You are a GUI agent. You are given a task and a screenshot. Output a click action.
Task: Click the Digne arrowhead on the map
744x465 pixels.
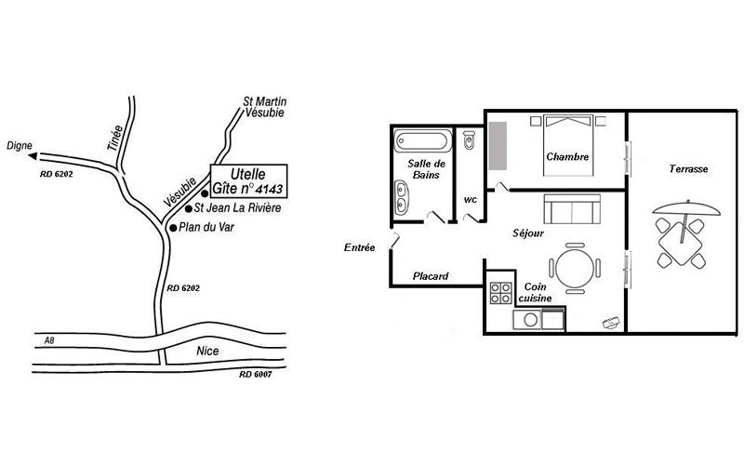pos(33,155)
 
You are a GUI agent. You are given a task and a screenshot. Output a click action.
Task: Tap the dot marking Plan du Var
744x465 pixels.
pos(173,228)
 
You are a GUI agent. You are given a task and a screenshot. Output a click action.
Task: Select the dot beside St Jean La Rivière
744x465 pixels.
pos(189,208)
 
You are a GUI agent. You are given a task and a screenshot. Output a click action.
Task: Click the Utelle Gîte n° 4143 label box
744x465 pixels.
pos(248,181)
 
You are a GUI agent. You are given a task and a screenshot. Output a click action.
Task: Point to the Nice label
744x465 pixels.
pos(207,352)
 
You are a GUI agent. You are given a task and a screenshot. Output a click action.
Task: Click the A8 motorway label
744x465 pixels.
pos(49,340)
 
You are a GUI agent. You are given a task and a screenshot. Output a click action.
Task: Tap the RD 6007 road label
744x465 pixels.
pos(255,375)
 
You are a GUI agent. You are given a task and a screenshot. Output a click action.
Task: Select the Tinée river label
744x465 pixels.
pos(114,138)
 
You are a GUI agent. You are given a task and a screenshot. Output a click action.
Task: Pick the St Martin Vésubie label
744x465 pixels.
pos(265,107)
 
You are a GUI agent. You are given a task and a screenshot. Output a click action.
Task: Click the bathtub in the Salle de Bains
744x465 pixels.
pos(423,141)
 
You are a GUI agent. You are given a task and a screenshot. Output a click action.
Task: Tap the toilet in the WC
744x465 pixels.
pos(469,139)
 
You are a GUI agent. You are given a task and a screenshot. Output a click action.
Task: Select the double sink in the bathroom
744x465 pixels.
pos(402,197)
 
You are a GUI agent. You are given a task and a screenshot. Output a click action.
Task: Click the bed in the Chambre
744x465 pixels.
pos(568,145)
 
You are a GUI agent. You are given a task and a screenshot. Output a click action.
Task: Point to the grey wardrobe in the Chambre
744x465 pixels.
pos(498,146)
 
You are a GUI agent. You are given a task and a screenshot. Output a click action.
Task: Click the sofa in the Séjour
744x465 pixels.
pos(572,208)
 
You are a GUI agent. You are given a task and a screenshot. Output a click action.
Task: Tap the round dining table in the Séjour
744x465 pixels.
pos(575,269)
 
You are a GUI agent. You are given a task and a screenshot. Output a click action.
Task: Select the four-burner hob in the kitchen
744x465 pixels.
pos(500,293)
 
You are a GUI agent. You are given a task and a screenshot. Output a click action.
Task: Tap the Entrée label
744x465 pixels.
pos(359,247)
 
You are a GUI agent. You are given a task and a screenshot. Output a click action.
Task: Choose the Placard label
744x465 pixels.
pos(431,276)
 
